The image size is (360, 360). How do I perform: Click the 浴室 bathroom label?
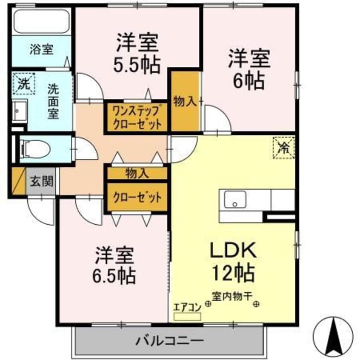tap(41, 49)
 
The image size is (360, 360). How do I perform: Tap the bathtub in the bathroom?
tap(41, 20)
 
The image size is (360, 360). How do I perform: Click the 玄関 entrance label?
tap(41, 182)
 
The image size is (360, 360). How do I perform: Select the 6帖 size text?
tap(249, 80)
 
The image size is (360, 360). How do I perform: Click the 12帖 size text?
tap(233, 272)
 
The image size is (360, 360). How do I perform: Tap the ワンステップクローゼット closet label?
tap(137, 117)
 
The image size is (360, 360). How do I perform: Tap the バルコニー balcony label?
tap(169, 340)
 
